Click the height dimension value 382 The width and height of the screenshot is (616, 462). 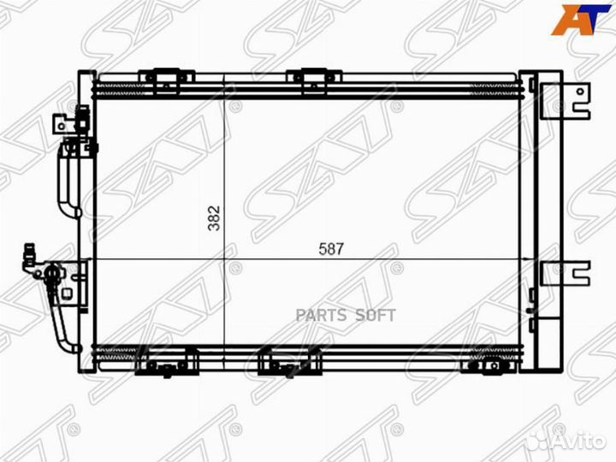tap(215, 218)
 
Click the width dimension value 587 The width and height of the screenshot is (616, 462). tap(331, 249)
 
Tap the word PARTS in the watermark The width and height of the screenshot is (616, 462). tap(321, 315)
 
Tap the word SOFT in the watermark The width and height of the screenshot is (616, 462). tap(376, 315)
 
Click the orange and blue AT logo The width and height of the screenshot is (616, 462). tap(581, 20)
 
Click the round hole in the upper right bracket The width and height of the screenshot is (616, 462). tap(580, 92)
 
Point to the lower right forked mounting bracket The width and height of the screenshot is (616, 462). tap(566, 273)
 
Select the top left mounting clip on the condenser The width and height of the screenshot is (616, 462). tap(166, 81)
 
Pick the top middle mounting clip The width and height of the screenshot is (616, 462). tap(314, 81)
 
